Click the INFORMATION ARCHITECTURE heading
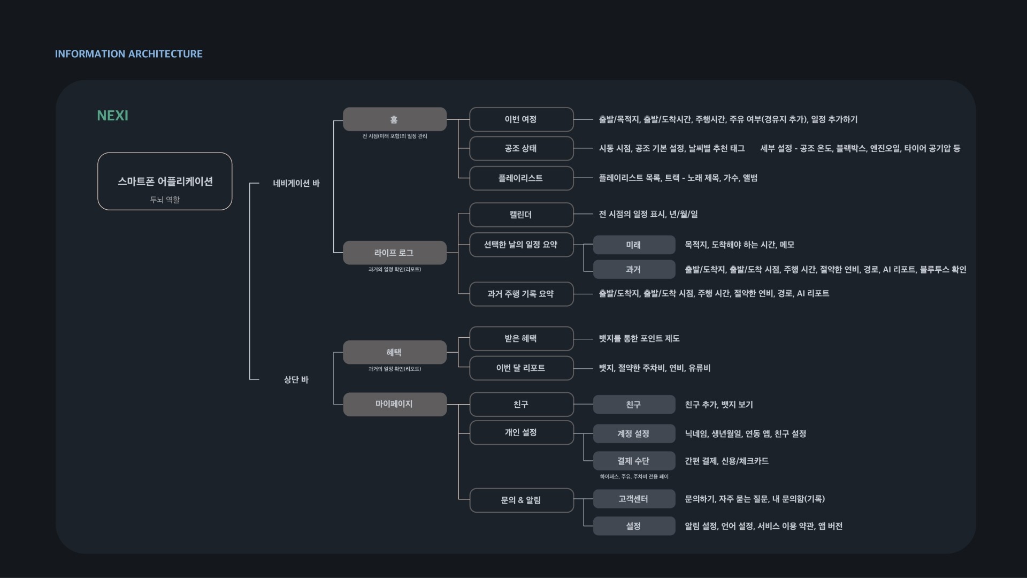coord(128,54)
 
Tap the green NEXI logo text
coord(112,116)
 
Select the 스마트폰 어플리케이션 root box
coord(165,181)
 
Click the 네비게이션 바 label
coord(296,184)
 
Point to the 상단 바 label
coord(296,379)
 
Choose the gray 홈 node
coord(394,119)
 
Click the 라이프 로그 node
coord(394,253)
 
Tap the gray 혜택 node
coord(394,352)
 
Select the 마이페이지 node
coord(394,404)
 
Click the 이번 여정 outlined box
coord(521,119)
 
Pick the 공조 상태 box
coord(521,148)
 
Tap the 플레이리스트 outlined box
coord(521,178)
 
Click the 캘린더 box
coord(521,215)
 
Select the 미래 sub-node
coord(634,245)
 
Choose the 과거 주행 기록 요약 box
coord(521,294)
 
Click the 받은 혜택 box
coord(521,338)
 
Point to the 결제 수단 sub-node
coord(634,461)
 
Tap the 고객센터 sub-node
coord(634,499)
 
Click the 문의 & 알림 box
coord(521,500)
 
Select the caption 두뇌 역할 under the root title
coord(165,200)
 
